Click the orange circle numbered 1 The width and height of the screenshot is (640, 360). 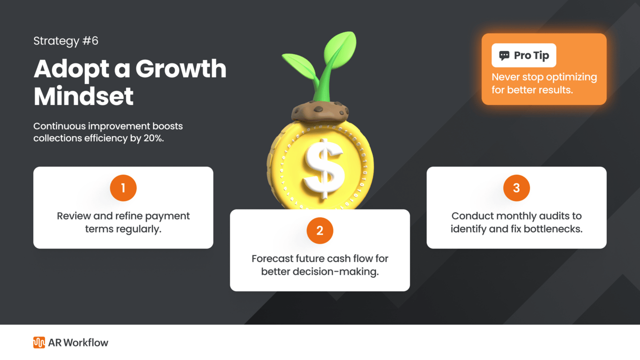coord(123,188)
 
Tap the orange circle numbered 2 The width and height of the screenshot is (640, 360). coord(320,231)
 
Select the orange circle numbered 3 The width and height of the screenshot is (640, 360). coord(516,188)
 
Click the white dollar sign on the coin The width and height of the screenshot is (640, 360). coord(323,168)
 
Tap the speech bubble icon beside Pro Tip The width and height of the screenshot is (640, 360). coord(504,55)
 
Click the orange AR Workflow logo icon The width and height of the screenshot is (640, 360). coord(39,343)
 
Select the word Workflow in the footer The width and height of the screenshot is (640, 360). coord(86,343)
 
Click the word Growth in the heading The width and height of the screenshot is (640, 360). coord(181,69)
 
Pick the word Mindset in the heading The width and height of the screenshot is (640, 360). coord(83,96)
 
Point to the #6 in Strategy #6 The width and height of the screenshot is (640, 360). coord(90,41)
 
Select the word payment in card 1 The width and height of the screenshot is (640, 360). coord(167,216)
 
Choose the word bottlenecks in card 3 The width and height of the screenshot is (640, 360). coord(553,229)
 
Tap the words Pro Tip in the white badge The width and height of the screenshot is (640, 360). coord(532,55)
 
